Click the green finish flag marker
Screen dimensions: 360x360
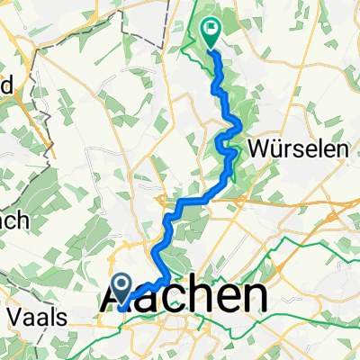[x=211, y=34]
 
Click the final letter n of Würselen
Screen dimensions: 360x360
[x=341, y=148]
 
